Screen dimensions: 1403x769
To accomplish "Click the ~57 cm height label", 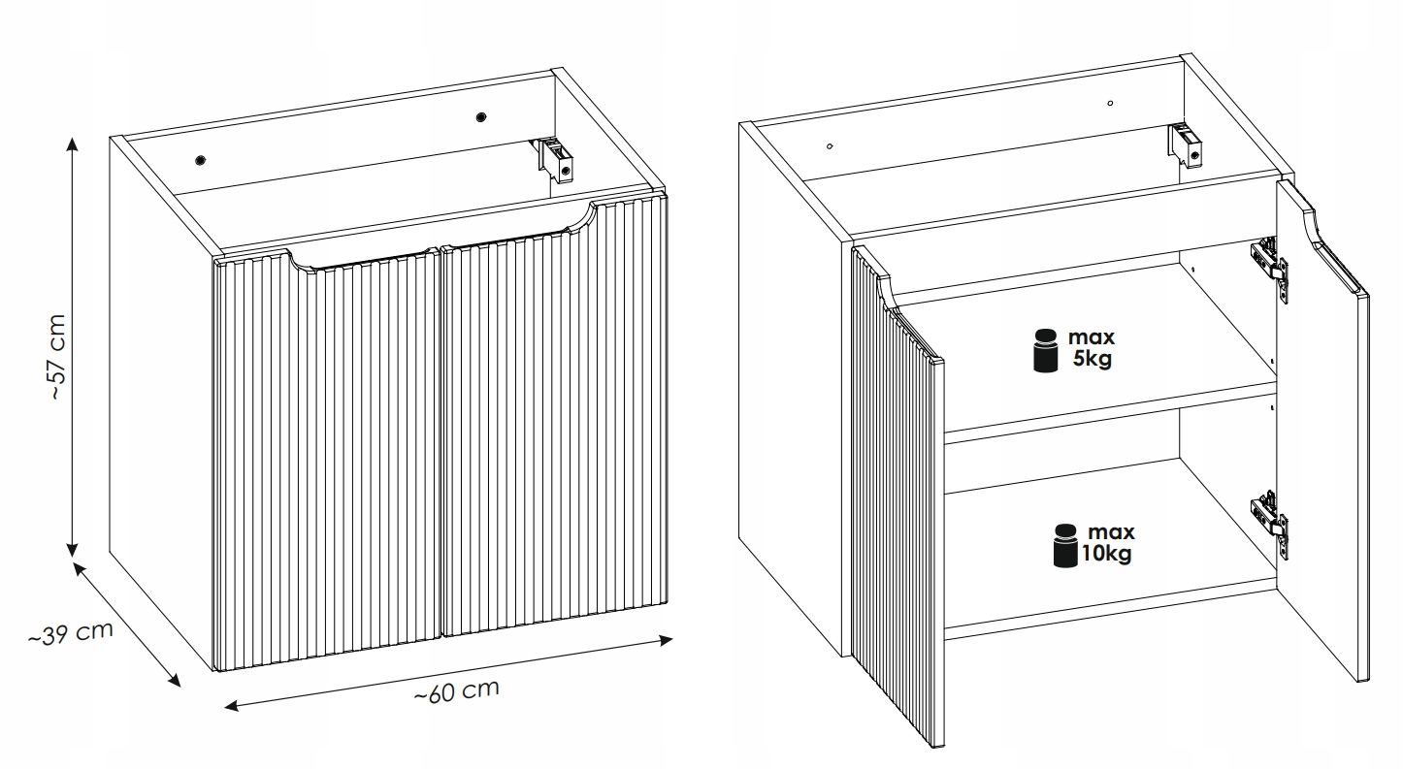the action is click(57, 357).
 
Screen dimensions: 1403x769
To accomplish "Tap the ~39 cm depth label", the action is click(71, 633).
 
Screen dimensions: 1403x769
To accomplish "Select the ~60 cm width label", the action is click(457, 691).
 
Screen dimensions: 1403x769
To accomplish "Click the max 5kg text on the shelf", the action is click(1092, 348).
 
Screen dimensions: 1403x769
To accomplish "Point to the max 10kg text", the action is click(1107, 543).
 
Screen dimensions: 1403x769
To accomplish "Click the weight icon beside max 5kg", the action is click(1045, 351).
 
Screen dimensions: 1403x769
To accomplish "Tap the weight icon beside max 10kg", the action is click(1065, 545).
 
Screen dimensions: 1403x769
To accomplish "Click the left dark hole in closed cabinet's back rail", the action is click(201, 160).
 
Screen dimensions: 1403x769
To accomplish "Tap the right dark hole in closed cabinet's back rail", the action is click(481, 117).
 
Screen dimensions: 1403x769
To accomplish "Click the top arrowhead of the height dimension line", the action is click(72, 144).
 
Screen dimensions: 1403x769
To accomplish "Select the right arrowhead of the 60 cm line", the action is click(666, 640).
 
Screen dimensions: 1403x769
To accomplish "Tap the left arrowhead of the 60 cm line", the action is click(232, 706).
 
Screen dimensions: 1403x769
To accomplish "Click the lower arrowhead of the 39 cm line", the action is click(174, 680).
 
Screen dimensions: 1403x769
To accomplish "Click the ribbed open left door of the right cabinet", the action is click(897, 495).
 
